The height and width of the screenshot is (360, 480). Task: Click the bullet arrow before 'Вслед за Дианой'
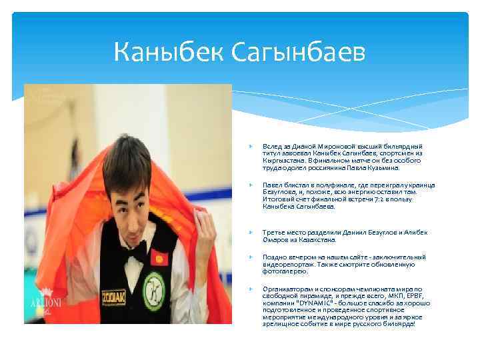[x=249, y=146]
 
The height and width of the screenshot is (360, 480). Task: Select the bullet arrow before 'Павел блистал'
[x=249, y=184]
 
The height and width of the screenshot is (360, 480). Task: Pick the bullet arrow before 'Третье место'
[x=249, y=232]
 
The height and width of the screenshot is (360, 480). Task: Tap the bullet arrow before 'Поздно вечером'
[x=249, y=257]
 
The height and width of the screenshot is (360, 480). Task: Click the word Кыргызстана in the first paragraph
[x=284, y=161]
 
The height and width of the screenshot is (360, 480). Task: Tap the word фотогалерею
[x=285, y=271]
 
